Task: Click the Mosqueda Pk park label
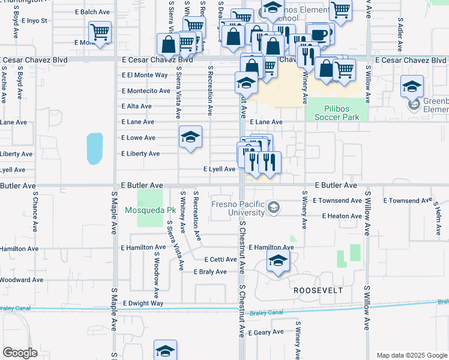(x=150, y=211)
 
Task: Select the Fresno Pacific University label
(x=238, y=208)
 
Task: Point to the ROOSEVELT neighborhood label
(x=318, y=290)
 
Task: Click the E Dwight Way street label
(x=143, y=304)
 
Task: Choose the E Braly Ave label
(x=210, y=272)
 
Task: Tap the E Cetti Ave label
(x=220, y=260)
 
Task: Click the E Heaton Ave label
(x=342, y=216)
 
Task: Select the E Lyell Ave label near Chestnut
(x=219, y=169)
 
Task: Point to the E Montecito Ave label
(x=146, y=91)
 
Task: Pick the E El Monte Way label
(x=145, y=75)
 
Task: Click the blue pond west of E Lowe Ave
(x=94, y=148)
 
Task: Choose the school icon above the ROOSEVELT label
(x=278, y=261)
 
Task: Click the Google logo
(x=20, y=353)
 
